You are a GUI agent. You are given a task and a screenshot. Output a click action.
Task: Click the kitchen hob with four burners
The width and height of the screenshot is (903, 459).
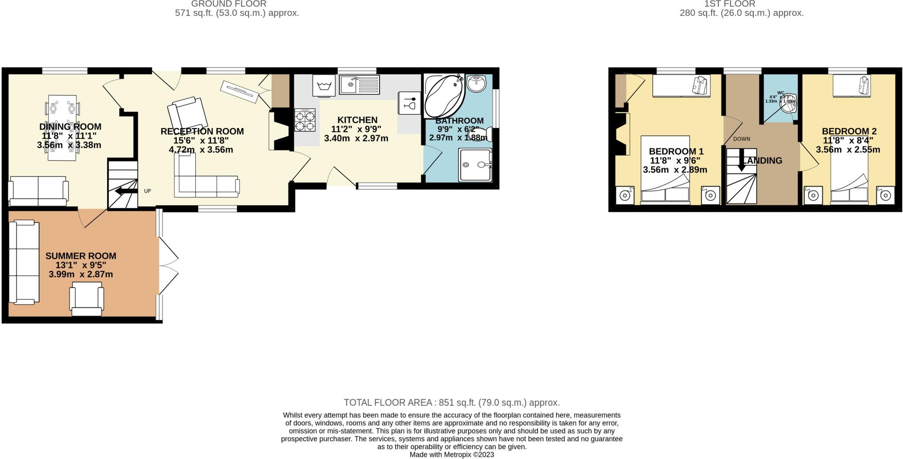coord(305,120)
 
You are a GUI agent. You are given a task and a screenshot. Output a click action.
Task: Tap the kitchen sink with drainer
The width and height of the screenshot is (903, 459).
coord(359,85)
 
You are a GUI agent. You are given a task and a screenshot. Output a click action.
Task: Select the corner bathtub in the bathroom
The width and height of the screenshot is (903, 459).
coord(443,95)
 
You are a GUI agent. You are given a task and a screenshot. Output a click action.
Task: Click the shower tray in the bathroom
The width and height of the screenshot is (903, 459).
coord(475,165)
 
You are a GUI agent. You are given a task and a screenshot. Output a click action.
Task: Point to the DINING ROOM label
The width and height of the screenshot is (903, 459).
coord(70,127)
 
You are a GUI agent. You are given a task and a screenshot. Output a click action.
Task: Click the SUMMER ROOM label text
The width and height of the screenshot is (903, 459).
coord(81,256)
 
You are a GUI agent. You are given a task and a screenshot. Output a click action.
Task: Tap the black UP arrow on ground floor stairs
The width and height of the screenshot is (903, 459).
coord(126,191)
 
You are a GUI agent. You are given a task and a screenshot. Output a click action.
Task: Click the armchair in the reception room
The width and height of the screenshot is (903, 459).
coord(187,114)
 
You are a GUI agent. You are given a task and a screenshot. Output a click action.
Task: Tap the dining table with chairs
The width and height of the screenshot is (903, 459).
coord(62,128)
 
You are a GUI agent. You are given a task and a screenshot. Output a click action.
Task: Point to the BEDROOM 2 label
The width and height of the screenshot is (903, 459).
coord(849,131)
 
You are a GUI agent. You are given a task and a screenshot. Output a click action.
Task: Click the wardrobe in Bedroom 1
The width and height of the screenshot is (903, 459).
coord(681,85)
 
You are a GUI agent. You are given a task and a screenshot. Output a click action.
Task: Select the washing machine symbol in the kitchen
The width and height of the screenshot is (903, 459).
coord(324,85)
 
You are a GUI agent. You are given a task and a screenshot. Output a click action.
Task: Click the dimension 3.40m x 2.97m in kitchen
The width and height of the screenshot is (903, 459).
coord(356,138)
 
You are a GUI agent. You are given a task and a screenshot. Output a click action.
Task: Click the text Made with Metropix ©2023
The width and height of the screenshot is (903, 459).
coord(451,455)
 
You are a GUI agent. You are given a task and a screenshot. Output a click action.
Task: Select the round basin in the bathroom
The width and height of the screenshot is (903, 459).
coord(476,83)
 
